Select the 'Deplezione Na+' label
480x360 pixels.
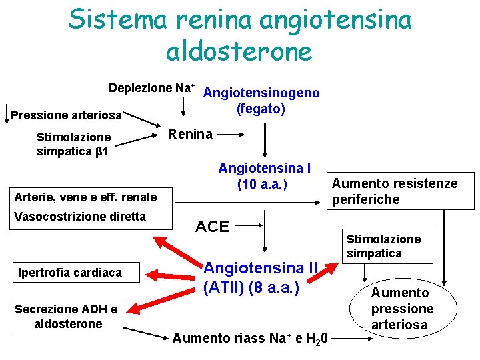click(152, 89)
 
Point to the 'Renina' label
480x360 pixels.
click(190, 134)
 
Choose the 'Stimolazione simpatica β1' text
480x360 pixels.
click(73, 144)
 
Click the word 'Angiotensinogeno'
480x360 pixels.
click(261, 93)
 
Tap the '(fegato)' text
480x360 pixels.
click(261, 108)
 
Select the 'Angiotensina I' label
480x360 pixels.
click(265, 167)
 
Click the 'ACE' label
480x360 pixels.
click(212, 227)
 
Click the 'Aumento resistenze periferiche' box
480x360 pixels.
click(395, 191)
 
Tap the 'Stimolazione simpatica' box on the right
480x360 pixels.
click(383, 245)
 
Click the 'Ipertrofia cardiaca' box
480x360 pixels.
click(70, 273)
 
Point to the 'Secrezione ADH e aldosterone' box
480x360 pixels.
click(67, 316)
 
